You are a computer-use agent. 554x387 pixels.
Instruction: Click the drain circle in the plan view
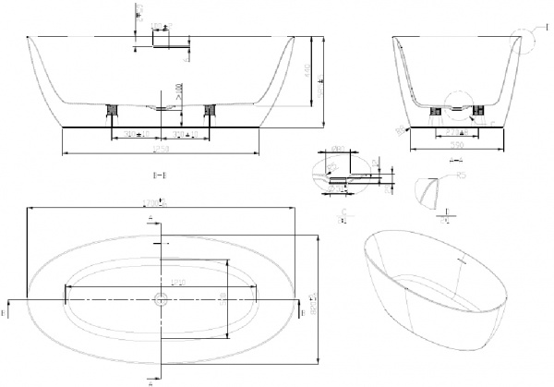[162, 299]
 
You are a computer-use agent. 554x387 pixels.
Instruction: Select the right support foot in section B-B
[209, 110]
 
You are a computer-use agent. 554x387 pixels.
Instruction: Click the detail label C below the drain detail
[343, 212]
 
